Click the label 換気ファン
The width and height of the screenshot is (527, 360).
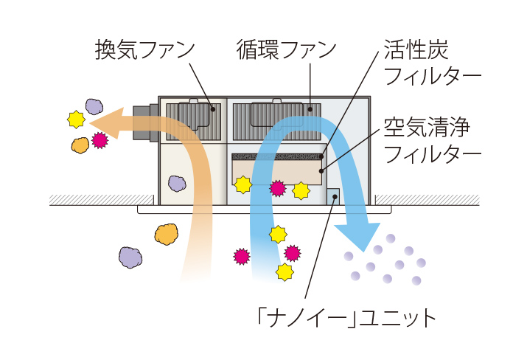point(144,50)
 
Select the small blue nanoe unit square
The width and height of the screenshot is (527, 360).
point(332,197)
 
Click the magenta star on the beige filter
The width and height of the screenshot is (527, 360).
point(277,188)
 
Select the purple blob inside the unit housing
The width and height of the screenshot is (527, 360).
point(177,183)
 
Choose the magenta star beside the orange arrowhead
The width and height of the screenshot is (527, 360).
point(100,140)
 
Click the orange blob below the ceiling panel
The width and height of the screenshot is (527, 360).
point(167,235)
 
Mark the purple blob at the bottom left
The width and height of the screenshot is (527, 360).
point(130,257)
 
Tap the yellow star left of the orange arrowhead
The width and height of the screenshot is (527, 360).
point(74,119)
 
